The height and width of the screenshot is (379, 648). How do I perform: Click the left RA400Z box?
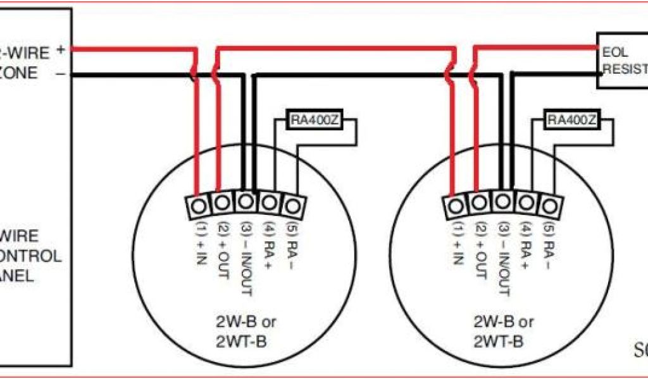(x=315, y=121)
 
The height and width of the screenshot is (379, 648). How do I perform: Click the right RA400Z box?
(x=571, y=121)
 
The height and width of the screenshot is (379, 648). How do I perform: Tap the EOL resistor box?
(x=623, y=61)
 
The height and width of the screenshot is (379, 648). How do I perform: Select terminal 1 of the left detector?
(x=198, y=205)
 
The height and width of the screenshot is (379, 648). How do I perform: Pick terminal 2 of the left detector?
(x=221, y=203)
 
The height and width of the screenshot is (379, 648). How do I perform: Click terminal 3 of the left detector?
(x=246, y=203)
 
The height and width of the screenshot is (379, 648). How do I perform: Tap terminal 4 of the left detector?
(x=269, y=203)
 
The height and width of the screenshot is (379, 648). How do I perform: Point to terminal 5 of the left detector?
(x=292, y=205)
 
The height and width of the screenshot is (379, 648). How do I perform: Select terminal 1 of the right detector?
(x=455, y=205)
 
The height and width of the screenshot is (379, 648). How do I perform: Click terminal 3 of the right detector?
(x=502, y=203)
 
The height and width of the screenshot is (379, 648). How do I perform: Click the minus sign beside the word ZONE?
(x=60, y=74)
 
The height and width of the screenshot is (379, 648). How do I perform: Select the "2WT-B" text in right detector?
(x=500, y=342)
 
